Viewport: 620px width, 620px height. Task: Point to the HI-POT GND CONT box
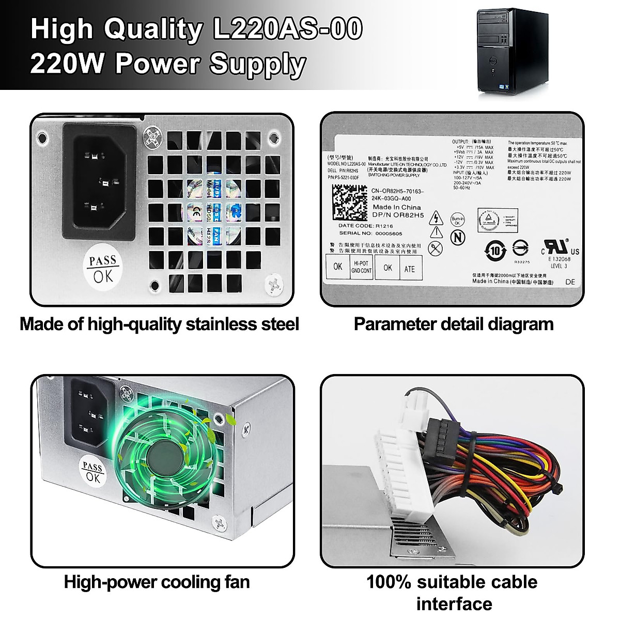click(361, 267)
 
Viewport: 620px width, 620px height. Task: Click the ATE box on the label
click(409, 269)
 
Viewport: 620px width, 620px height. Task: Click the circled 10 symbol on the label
click(495, 251)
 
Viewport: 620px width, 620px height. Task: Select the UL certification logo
click(559, 249)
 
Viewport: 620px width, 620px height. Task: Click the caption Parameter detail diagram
click(453, 324)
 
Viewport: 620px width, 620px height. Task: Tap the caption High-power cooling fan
click(157, 582)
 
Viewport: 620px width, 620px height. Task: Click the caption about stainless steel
click(159, 324)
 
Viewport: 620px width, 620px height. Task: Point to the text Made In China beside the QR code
click(396, 207)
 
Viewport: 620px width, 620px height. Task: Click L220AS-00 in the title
click(287, 29)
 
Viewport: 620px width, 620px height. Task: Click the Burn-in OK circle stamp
click(457, 220)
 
